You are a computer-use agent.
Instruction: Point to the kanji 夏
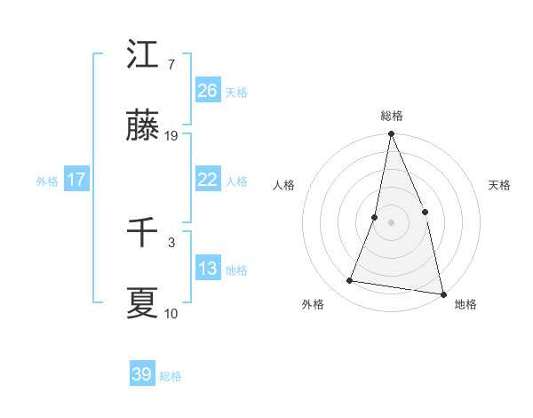click(142, 302)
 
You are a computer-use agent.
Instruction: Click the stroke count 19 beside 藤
click(171, 137)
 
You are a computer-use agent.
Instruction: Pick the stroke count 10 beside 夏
click(171, 313)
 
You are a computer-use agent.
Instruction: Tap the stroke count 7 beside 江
click(171, 65)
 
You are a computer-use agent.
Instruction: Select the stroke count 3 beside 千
click(171, 241)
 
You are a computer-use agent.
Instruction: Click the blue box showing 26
click(207, 91)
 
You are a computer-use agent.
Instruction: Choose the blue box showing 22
click(207, 180)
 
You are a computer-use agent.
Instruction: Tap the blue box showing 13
click(207, 269)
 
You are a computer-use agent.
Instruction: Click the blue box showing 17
click(76, 180)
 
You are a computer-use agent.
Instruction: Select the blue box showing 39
click(141, 374)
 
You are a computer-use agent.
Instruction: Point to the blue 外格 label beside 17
click(47, 181)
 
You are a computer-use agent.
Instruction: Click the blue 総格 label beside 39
click(171, 376)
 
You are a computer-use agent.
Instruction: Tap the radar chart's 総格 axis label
click(392, 116)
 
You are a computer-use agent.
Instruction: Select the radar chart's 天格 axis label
click(499, 185)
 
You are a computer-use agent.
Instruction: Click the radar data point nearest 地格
click(442, 293)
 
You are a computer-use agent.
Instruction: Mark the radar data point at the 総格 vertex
click(391, 135)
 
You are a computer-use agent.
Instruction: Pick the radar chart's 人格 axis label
click(283, 185)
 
